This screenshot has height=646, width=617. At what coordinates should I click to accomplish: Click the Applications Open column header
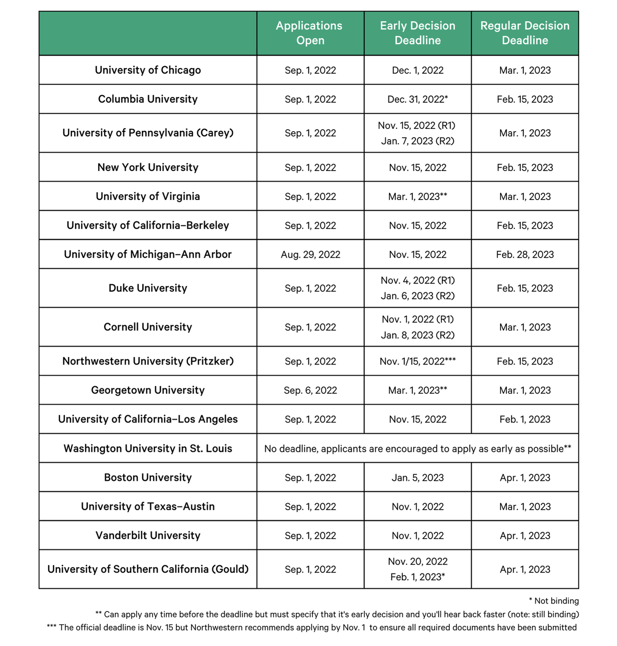pyautogui.click(x=310, y=33)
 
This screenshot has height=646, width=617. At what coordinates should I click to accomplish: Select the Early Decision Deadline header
pyautogui.click(x=417, y=33)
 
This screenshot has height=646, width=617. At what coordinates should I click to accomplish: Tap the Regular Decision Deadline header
pyautogui.click(x=524, y=33)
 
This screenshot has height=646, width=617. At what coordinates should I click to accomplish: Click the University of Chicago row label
pyautogui.click(x=148, y=70)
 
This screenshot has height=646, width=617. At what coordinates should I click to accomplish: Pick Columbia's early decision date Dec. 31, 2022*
pyautogui.click(x=417, y=99)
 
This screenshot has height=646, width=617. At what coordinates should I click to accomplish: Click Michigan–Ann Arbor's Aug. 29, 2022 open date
pyautogui.click(x=310, y=254)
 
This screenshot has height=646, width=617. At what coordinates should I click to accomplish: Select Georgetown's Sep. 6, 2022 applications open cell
pyautogui.click(x=310, y=390)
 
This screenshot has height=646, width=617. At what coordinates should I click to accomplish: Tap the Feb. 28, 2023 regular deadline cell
pyautogui.click(x=524, y=254)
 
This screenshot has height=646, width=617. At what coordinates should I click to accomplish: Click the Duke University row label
pyautogui.click(x=148, y=288)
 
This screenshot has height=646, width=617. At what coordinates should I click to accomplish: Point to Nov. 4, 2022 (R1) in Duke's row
pyautogui.click(x=417, y=280)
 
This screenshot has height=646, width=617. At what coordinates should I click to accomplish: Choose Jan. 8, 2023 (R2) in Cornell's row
pyautogui.click(x=417, y=335)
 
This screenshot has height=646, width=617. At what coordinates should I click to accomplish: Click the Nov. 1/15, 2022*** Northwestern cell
pyautogui.click(x=417, y=361)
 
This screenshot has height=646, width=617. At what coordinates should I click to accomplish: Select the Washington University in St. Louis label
pyautogui.click(x=148, y=448)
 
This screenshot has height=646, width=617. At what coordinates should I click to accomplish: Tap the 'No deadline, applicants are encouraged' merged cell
pyautogui.click(x=417, y=449)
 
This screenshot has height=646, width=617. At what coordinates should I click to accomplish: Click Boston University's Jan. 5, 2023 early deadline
pyautogui.click(x=417, y=478)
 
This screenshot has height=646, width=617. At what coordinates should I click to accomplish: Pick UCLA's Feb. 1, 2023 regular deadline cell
pyautogui.click(x=524, y=419)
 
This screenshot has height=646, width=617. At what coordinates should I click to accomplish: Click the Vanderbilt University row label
pyautogui.click(x=148, y=535)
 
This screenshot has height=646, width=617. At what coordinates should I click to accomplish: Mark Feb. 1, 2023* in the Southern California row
pyautogui.click(x=417, y=577)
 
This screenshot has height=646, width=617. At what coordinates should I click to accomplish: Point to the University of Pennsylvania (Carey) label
pyautogui.click(x=148, y=133)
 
